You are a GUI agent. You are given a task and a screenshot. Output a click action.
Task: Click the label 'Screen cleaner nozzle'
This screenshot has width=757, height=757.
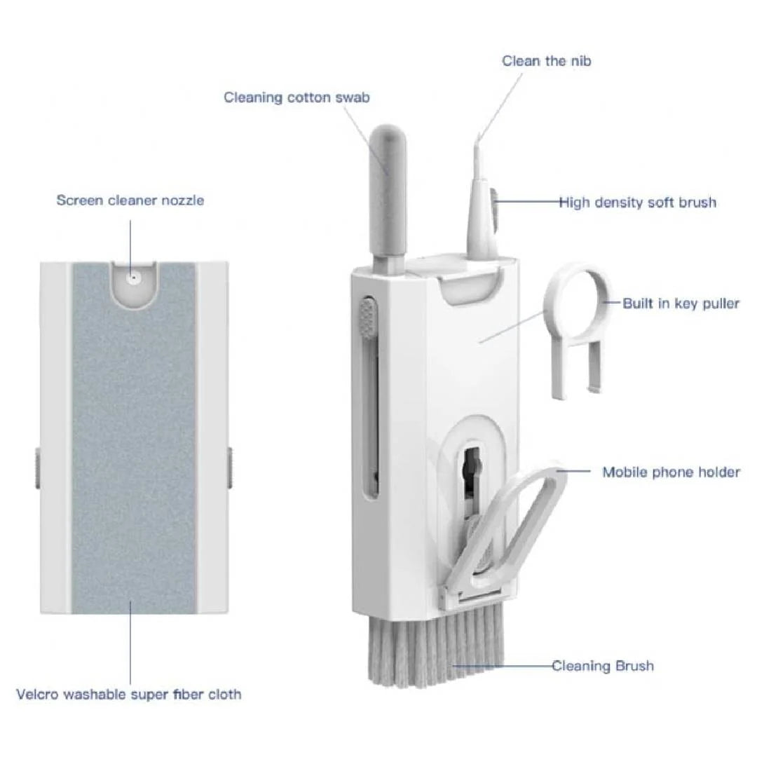coord(130,200)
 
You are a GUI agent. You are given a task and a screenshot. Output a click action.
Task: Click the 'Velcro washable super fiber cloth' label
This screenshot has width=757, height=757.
coord(129,695)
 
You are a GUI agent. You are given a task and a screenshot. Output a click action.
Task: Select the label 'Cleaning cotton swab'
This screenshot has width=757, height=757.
coord(296,97)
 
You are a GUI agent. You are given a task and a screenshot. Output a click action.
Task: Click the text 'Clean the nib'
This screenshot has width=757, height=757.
coord(546,61)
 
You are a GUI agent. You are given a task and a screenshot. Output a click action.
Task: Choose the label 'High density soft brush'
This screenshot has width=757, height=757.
coord(637,203)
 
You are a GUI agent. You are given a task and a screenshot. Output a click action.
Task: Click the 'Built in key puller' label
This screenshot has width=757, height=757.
coord(681,304)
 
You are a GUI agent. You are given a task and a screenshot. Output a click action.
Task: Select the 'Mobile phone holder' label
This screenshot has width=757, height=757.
coord(671,472)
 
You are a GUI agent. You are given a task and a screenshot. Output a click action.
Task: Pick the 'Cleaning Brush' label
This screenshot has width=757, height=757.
coord(602,665)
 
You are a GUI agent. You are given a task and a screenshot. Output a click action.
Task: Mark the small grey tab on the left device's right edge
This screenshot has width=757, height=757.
coord(229,468)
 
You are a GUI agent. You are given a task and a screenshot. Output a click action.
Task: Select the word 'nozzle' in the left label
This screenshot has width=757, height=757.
coord(181,200)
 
